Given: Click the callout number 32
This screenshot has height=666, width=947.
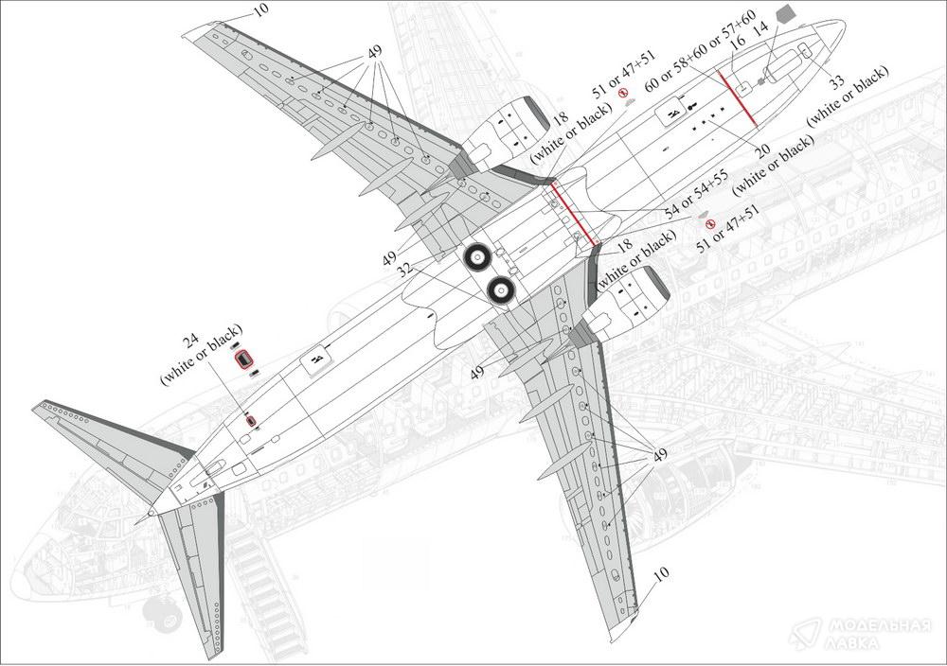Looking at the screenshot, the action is coord(406,269).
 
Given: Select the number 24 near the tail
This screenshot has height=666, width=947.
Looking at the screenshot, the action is coord(191,341).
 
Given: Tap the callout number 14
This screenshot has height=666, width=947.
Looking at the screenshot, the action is coord(761,27).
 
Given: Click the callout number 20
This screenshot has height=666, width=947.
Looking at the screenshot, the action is coord(763,150).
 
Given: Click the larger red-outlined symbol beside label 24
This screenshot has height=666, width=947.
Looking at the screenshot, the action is coord(243,359).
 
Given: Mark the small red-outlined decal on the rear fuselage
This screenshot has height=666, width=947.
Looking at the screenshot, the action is coord(250,420).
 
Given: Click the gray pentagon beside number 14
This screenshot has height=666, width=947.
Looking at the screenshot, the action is coord(783,13).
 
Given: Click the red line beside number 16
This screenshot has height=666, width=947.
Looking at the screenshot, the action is coord(737,98).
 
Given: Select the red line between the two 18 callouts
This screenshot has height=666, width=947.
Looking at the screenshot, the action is coord(575,213).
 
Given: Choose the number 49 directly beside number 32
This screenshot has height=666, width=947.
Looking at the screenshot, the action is coord(389,258).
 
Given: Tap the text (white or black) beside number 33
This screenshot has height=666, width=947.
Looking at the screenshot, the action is coord(848,96).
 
